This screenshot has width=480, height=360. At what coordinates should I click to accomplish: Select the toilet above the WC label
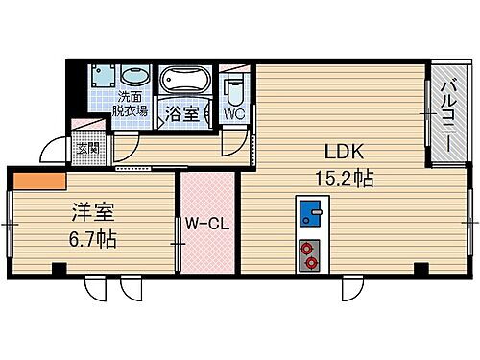click(x=232, y=88)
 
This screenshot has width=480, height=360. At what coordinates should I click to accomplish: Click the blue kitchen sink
click(x=310, y=212)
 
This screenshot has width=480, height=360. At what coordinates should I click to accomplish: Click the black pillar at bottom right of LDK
click(x=420, y=267)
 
